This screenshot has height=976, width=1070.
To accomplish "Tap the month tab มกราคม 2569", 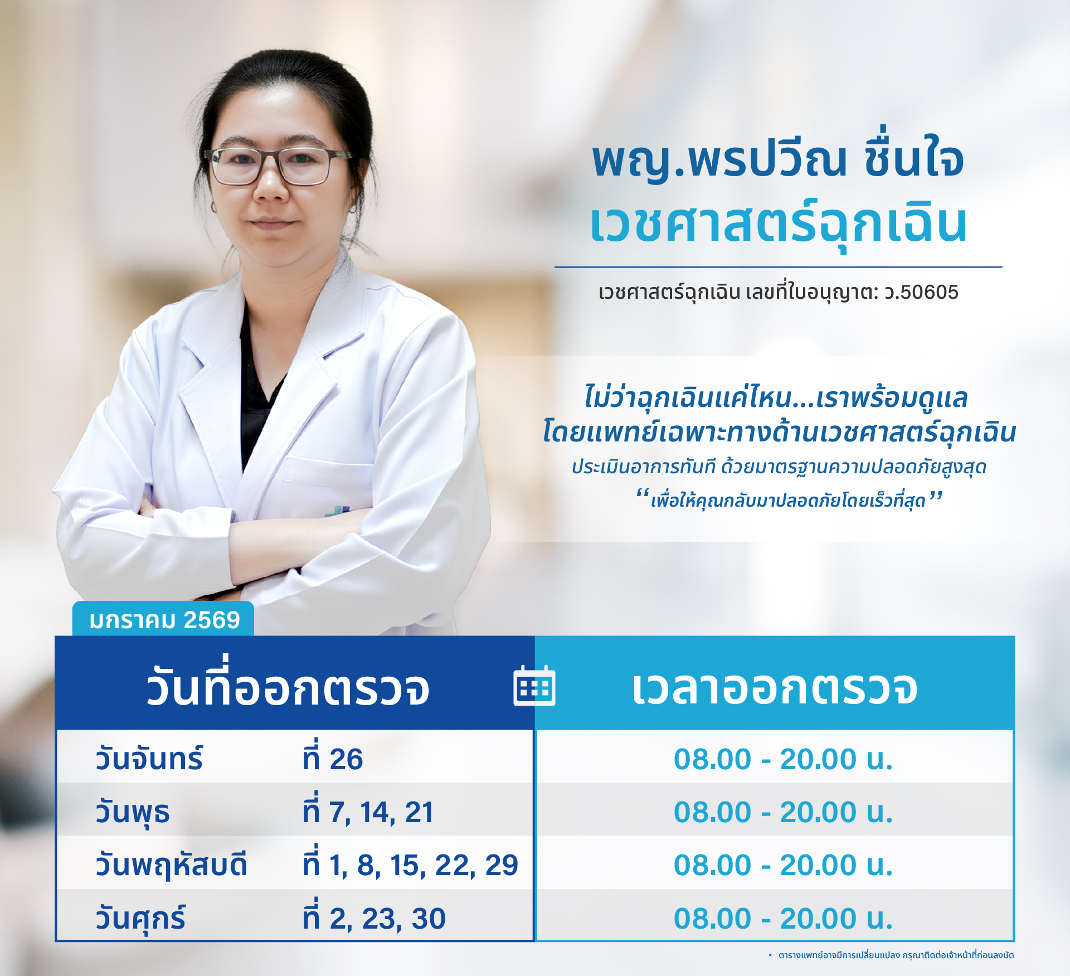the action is pos(163,619).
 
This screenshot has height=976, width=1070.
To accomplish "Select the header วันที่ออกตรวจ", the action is pos(288,684).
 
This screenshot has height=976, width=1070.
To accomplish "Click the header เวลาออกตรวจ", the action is pos(775,688).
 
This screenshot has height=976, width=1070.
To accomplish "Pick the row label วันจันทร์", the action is pos(149,758).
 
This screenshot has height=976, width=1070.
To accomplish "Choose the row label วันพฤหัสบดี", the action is pos(171,866).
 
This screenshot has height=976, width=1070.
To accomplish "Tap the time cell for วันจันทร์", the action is pos(783,759).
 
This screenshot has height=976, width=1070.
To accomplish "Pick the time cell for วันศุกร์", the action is pos(783,918).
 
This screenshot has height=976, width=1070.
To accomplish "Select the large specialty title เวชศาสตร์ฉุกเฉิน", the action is pos(779,224).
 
